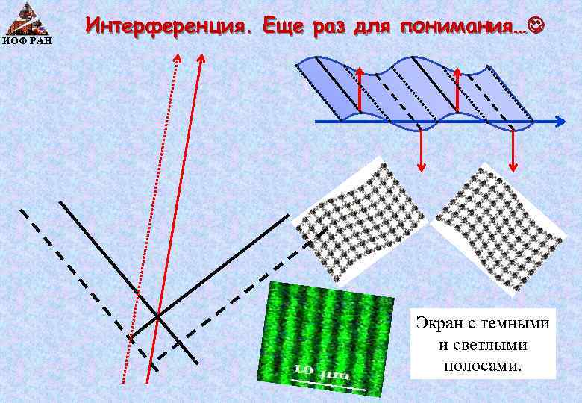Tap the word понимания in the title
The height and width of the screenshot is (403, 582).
[x=463, y=27]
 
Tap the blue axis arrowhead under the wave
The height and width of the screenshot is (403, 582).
[x=559, y=121]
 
